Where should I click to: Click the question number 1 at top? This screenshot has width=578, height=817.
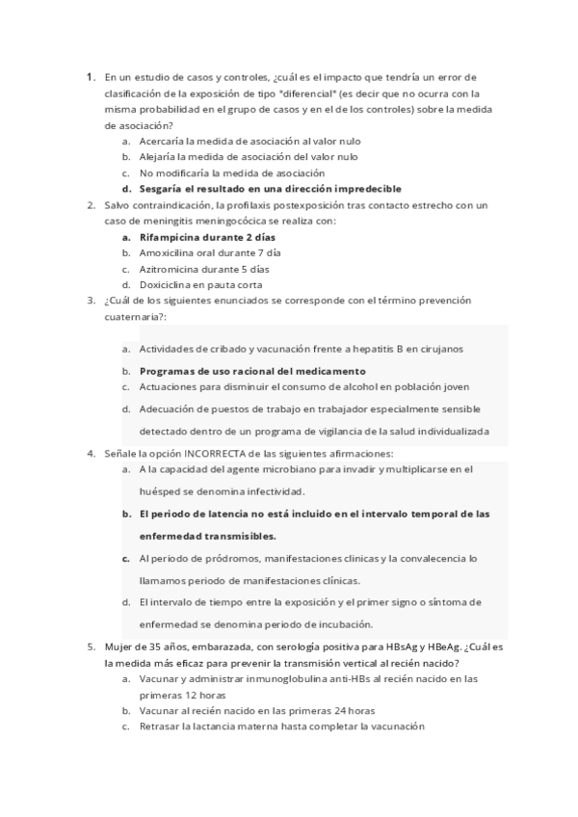pos(89,76)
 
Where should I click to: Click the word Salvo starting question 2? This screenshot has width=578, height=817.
pos(119,205)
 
